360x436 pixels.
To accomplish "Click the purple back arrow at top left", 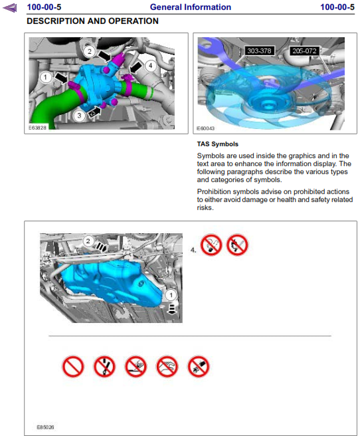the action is coord(10,8).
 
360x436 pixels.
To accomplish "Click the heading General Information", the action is coord(191,7).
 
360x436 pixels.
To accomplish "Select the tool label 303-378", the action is coord(259,51).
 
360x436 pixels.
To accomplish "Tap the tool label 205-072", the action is coord(304,51).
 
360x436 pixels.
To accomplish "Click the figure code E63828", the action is coord(37,128).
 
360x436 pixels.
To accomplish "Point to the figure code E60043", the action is coord(205,128).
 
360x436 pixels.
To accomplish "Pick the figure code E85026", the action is coord(45,427).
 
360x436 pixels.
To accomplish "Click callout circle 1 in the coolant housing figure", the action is coord(46,77).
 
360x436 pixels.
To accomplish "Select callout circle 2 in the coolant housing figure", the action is coord(90,51).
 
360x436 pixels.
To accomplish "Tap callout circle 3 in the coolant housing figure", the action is coord(79,116).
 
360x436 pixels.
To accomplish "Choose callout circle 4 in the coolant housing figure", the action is coord(150,66).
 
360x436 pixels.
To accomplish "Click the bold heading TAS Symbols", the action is coord(218,144).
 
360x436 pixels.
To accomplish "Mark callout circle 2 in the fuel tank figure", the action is coord(88,241).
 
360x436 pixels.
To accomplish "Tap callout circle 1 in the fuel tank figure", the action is coord(171,295).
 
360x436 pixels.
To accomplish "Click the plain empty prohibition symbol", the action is coord(73,366).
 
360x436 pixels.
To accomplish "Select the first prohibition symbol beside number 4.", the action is coord(211,245).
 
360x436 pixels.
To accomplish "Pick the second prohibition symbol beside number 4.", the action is coord(237,245).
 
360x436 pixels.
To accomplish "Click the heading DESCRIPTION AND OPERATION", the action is coord(92,21).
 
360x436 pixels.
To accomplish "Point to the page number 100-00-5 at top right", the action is coord(337,7).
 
